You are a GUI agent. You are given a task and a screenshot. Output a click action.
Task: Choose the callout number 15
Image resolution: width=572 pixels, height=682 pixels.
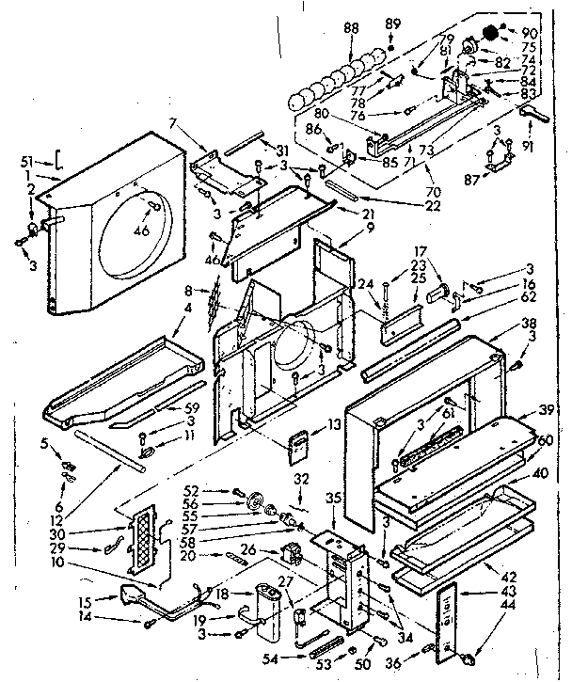click(x=83, y=600)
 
